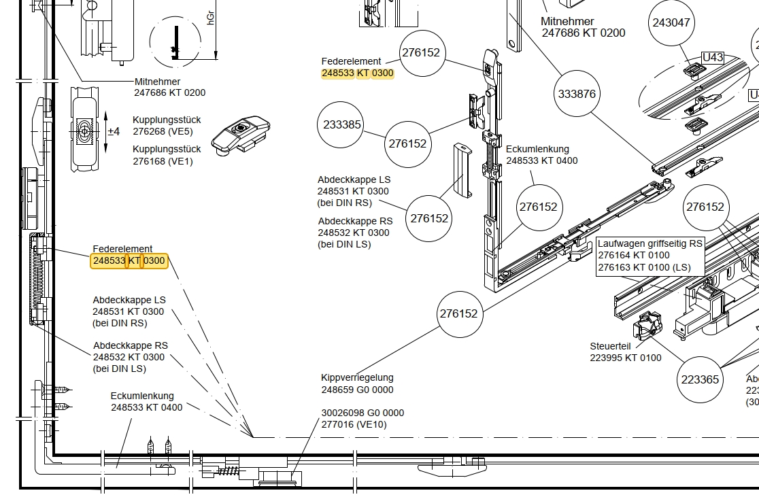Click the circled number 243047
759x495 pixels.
click(x=671, y=22)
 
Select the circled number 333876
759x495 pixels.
click(x=577, y=94)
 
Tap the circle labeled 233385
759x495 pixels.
click(x=342, y=124)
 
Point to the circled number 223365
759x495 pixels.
click(x=700, y=379)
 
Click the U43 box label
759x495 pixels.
click(x=712, y=58)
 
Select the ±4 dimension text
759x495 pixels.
click(x=114, y=131)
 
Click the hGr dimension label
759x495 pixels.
click(x=211, y=18)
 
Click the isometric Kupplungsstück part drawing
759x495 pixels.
click(x=239, y=134)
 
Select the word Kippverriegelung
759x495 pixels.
click(x=357, y=377)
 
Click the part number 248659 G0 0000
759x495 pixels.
click(x=357, y=390)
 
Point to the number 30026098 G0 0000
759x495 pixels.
click(x=362, y=413)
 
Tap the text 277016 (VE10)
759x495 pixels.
click(x=354, y=425)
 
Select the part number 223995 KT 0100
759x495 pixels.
click(x=626, y=358)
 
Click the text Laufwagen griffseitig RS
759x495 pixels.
click(x=650, y=243)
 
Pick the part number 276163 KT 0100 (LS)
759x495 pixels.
click(x=644, y=267)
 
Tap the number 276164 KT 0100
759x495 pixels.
click(x=634, y=255)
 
